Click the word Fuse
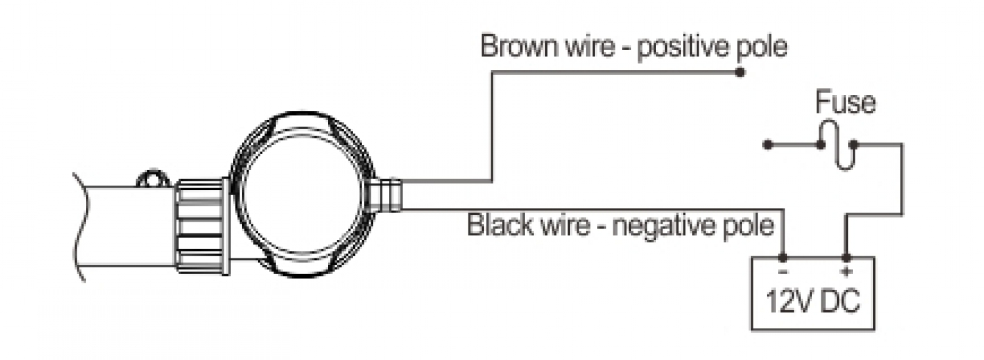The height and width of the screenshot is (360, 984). [844, 103]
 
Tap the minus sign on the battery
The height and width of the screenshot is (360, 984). [783, 270]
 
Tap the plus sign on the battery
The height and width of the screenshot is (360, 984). [846, 270]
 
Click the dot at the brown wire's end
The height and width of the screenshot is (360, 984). [741, 73]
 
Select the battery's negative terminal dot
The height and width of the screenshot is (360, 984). [783, 258]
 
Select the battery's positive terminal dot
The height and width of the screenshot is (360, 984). [846, 258]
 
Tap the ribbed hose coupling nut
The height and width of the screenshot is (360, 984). [200, 226]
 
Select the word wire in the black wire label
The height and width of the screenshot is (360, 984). [568, 227]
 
